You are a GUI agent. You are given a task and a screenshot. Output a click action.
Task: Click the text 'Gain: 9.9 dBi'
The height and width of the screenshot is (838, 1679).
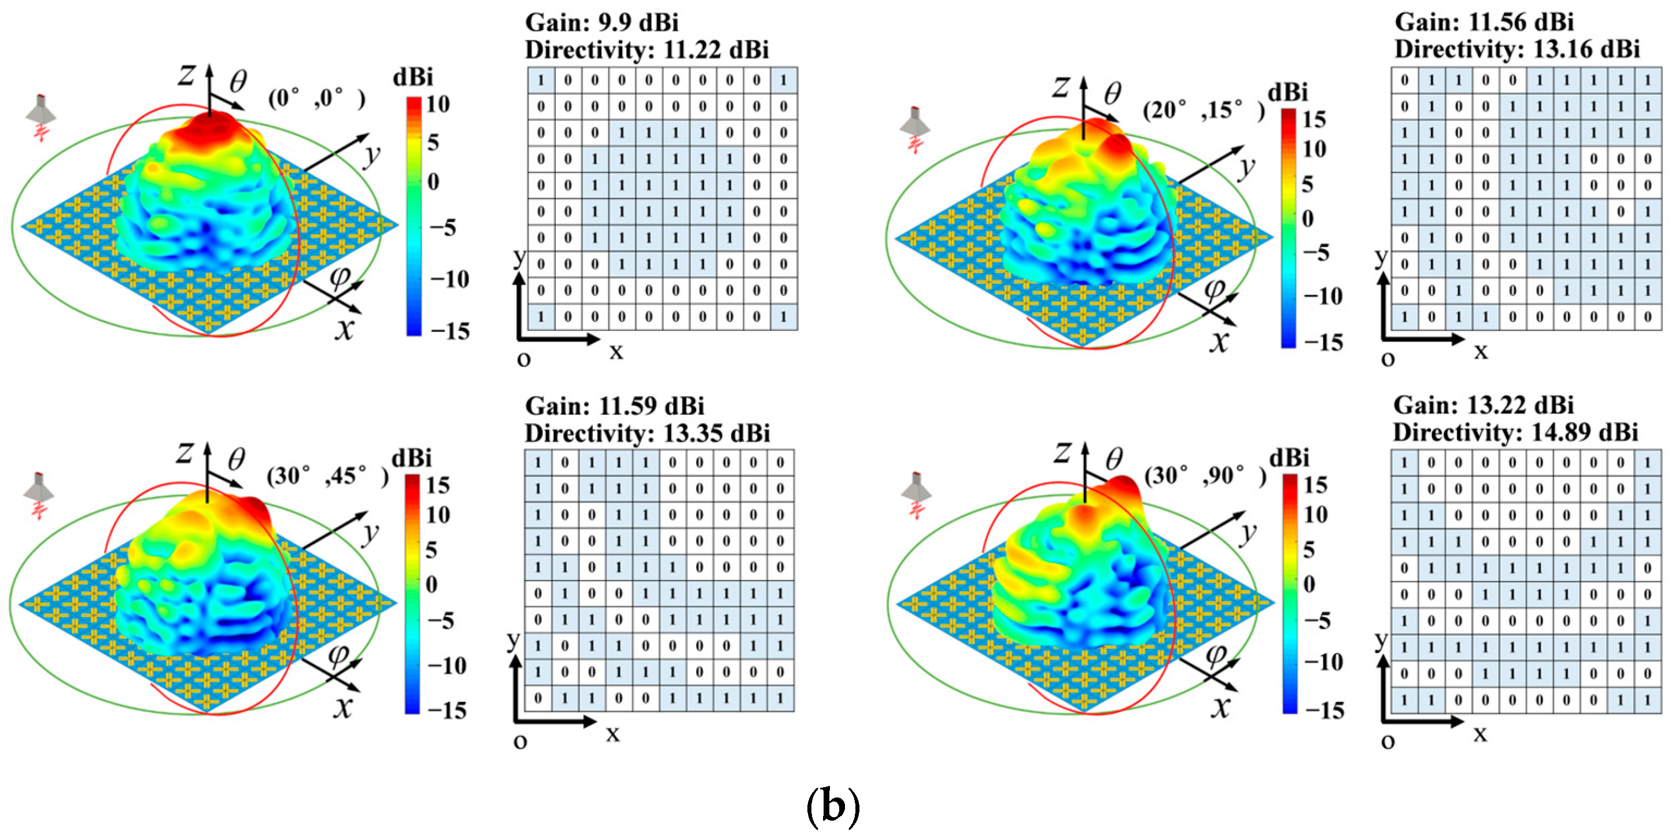coord(602,23)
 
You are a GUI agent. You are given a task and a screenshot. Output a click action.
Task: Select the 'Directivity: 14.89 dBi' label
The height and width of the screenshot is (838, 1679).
coord(1515,432)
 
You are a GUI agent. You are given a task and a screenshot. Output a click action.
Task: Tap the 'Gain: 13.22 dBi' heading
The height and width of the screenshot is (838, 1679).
coord(1484,405)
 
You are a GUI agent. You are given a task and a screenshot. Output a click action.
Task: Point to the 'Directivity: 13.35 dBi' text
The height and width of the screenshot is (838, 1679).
coord(647,433)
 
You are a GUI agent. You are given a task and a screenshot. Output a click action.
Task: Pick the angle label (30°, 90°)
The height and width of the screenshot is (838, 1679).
coord(1205,476)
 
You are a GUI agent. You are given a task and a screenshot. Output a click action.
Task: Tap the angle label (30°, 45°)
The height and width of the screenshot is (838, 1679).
coord(327,476)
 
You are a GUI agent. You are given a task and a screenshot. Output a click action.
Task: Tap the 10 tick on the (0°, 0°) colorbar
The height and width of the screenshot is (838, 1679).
coord(438,104)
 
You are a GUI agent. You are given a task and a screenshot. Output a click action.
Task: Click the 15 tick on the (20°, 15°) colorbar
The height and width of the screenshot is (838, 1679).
coord(1314,119)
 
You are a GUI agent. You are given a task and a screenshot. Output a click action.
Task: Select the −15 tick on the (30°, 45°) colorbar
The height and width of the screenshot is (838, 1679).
coord(447,710)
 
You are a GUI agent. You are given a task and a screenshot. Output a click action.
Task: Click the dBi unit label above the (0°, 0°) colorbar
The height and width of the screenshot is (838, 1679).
coord(412,77)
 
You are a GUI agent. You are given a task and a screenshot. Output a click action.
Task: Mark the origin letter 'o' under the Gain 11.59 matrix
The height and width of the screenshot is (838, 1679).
coord(520,741)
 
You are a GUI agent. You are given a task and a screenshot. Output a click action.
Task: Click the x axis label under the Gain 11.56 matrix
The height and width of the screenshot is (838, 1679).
coord(1481,352)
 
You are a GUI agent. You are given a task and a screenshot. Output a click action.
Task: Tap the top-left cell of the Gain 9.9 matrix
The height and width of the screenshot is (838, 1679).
coord(540,81)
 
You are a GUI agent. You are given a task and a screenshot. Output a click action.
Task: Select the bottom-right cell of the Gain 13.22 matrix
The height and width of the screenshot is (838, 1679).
coord(1648,700)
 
